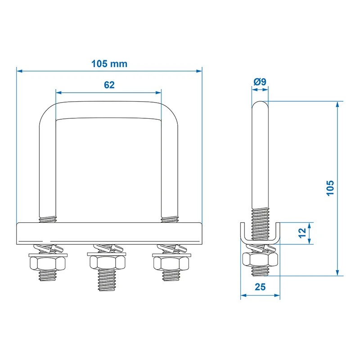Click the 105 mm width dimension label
tap(109, 63)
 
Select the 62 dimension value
tap(109, 85)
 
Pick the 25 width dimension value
tap(260, 287)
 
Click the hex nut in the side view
tap(260, 259)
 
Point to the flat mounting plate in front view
tap(108, 234)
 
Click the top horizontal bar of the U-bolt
tap(108, 110)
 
